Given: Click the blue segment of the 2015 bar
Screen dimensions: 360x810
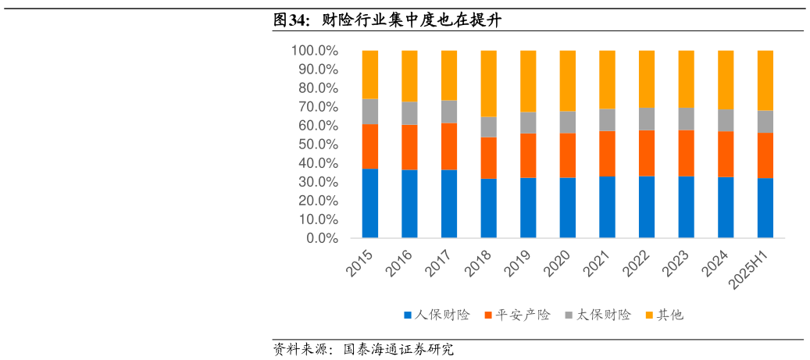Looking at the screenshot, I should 370,203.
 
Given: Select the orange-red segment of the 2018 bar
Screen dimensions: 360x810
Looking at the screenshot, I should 489,158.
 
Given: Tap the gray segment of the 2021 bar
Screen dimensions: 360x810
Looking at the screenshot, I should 608,119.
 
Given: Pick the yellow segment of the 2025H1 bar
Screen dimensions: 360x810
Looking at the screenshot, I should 765,80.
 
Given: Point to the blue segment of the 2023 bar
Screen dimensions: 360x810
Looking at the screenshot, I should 687,207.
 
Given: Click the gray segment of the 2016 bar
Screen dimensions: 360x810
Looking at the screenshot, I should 410,113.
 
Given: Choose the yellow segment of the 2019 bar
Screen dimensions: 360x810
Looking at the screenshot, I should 529,81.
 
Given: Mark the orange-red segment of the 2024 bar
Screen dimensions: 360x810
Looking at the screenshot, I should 726,154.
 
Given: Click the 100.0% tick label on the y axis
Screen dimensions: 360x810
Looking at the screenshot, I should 314,51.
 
